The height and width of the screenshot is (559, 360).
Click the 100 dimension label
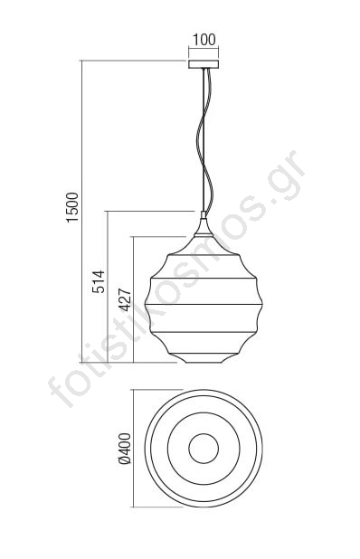pyautogui.click(x=204, y=40)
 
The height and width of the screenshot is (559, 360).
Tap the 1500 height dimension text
pyautogui.click(x=72, y=207)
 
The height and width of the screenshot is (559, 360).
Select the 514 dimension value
pyautogui.click(x=99, y=281)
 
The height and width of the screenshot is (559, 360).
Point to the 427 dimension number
pyautogui.click(x=125, y=300)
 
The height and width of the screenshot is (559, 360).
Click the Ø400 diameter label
pyautogui.click(x=125, y=449)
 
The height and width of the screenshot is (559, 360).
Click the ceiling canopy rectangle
pyautogui.click(x=204, y=64)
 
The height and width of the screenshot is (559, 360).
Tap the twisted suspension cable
pyautogui.click(x=203, y=140)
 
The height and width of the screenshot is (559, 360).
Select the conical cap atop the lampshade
pyautogui.click(x=204, y=226)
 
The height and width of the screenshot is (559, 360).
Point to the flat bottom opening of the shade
pyautogui.click(x=204, y=363)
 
